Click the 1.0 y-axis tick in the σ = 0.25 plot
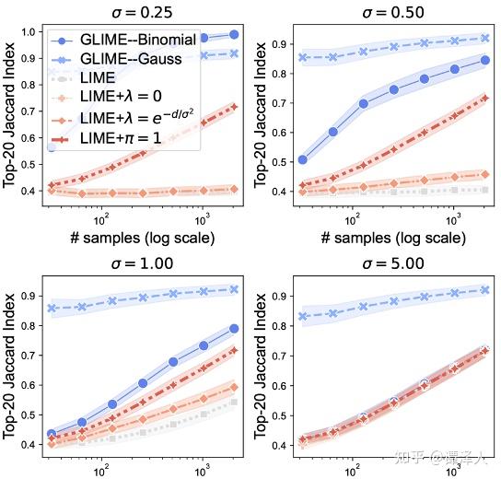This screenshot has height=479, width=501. (28, 33)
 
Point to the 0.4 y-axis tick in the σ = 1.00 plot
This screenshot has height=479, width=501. (28, 445)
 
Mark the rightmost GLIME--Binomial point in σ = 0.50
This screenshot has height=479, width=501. (485, 60)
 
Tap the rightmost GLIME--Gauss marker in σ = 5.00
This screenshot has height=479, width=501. (485, 290)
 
